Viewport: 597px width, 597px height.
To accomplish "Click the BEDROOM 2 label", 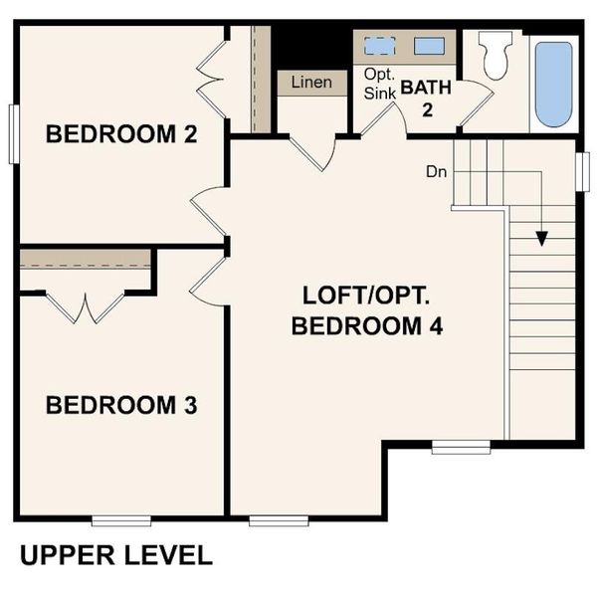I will [x=120, y=134].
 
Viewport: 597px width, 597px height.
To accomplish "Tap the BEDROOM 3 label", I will [x=120, y=405].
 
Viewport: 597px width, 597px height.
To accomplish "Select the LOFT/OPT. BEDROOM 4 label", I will [x=367, y=310].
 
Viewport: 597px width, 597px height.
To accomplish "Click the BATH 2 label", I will [x=427, y=98].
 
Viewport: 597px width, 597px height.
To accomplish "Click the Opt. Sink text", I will [x=379, y=83].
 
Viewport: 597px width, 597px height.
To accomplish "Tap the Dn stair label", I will [x=436, y=171].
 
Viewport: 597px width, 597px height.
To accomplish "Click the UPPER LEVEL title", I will [x=115, y=555].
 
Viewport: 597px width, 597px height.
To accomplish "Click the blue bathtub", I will [x=554, y=84].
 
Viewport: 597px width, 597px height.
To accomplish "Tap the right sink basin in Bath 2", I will [x=429, y=45].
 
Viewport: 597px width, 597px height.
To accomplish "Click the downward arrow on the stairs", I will [x=541, y=237].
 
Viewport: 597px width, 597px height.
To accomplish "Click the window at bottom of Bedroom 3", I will [x=121, y=519].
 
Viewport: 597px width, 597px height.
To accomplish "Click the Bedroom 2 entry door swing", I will [x=207, y=212].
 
